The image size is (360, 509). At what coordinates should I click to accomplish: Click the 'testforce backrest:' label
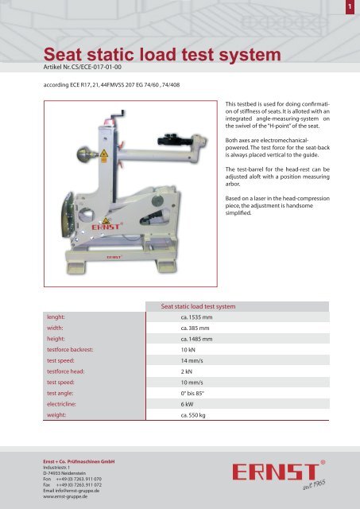[x=77, y=349]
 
